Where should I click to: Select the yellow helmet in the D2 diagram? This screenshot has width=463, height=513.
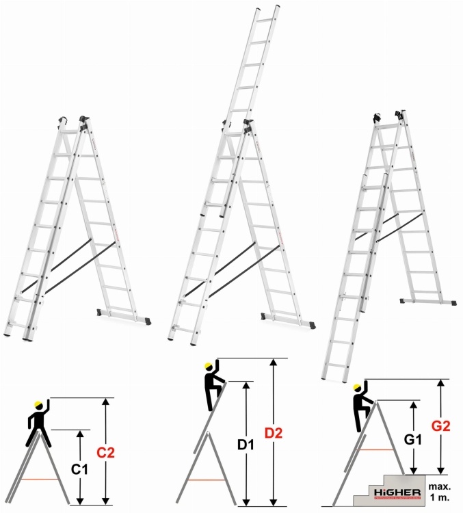click(209, 365)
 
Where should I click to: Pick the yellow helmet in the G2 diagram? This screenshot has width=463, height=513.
click(357, 389)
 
